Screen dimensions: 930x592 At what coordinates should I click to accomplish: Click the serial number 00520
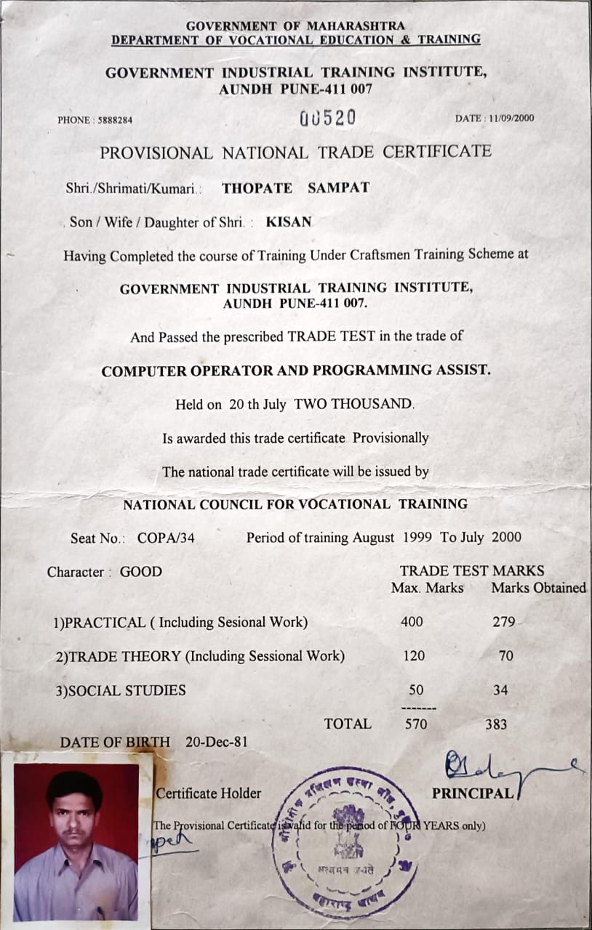327,118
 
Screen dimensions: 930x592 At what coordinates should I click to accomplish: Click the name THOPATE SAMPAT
295,188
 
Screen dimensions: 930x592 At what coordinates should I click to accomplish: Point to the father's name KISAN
288,222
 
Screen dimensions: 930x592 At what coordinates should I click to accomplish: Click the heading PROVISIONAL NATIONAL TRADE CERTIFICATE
295,153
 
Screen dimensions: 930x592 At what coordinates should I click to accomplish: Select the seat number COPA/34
167,538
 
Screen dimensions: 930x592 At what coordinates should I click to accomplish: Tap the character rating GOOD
141,572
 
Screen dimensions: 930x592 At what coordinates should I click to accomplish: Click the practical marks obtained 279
503,622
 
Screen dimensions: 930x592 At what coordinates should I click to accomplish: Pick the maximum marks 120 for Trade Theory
414,656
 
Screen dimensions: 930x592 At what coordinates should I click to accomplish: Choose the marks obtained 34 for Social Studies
500,690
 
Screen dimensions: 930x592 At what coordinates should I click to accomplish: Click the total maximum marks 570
416,724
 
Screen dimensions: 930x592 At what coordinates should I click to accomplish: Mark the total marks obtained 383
496,724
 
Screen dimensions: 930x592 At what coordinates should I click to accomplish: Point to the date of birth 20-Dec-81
216,742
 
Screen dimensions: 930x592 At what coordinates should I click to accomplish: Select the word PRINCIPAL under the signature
473,793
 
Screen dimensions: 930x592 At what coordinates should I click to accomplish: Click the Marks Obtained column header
538,588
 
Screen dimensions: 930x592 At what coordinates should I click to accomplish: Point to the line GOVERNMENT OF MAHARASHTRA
295,26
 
